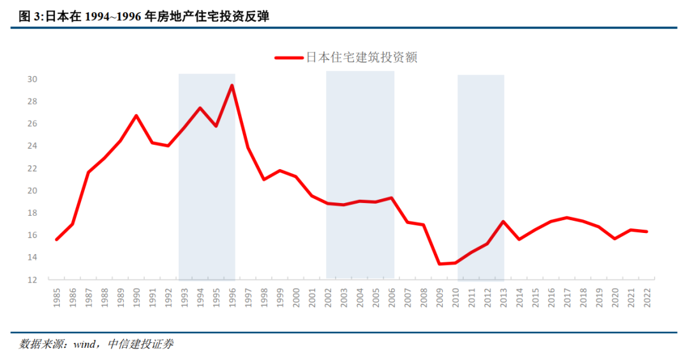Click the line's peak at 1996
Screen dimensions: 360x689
[232, 86]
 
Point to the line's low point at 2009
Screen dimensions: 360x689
[440, 264]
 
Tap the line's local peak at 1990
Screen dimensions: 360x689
[137, 116]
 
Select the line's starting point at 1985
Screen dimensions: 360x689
[57, 239]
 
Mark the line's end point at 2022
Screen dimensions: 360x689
[647, 232]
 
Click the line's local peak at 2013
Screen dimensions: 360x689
[503, 221]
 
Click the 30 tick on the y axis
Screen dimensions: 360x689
[33, 79]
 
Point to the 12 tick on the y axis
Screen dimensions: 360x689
[33, 280]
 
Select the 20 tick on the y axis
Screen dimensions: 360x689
[33, 190]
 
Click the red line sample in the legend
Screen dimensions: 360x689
[288, 57]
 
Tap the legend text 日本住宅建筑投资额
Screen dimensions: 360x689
[362, 57]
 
